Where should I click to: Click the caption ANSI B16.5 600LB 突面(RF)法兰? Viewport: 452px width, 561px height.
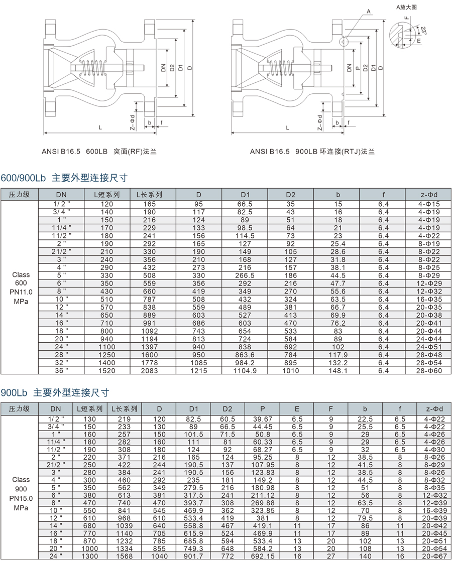[x=99, y=151]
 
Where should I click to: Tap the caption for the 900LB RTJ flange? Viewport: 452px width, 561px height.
[x=312, y=151]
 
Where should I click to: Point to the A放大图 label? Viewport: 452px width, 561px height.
[x=407, y=7]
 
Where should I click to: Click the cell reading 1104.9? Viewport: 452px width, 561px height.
[x=245, y=371]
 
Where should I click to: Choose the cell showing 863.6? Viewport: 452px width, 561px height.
[x=245, y=355]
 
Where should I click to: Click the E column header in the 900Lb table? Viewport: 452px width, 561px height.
[x=297, y=408]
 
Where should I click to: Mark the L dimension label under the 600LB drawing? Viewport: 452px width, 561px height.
[x=100, y=128]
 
